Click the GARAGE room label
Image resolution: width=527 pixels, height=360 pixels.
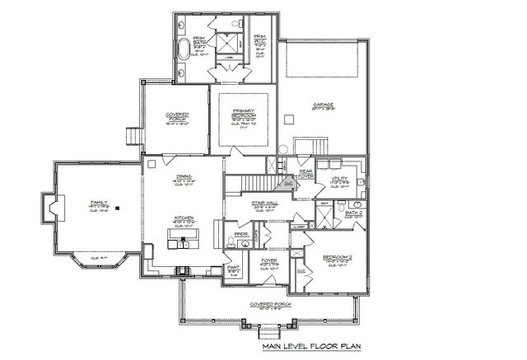322,105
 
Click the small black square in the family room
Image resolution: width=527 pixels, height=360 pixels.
118,208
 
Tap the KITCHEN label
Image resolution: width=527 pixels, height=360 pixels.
183,218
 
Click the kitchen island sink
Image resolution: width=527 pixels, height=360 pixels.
182,241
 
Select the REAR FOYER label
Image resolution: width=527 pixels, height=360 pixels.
305,172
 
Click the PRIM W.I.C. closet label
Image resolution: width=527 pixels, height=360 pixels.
259,38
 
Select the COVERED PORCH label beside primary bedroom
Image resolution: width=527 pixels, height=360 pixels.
178,116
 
